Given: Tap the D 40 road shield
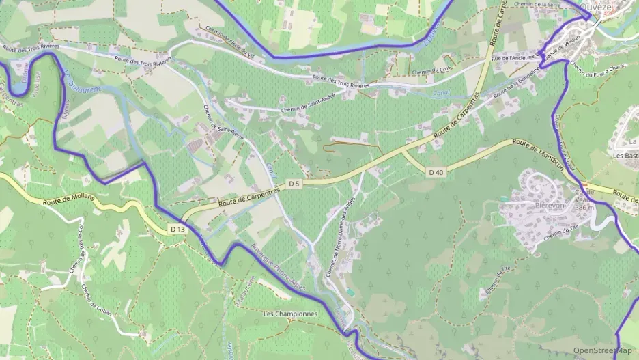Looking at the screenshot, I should pyautogui.click(x=436, y=172).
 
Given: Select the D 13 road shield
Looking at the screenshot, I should pyautogui.click(x=177, y=229).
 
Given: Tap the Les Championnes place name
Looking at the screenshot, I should pyautogui.click(x=290, y=314).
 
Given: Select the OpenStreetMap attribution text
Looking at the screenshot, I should pyautogui.click(x=602, y=351).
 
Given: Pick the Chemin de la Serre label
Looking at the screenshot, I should pyautogui.click(x=538, y=5).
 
